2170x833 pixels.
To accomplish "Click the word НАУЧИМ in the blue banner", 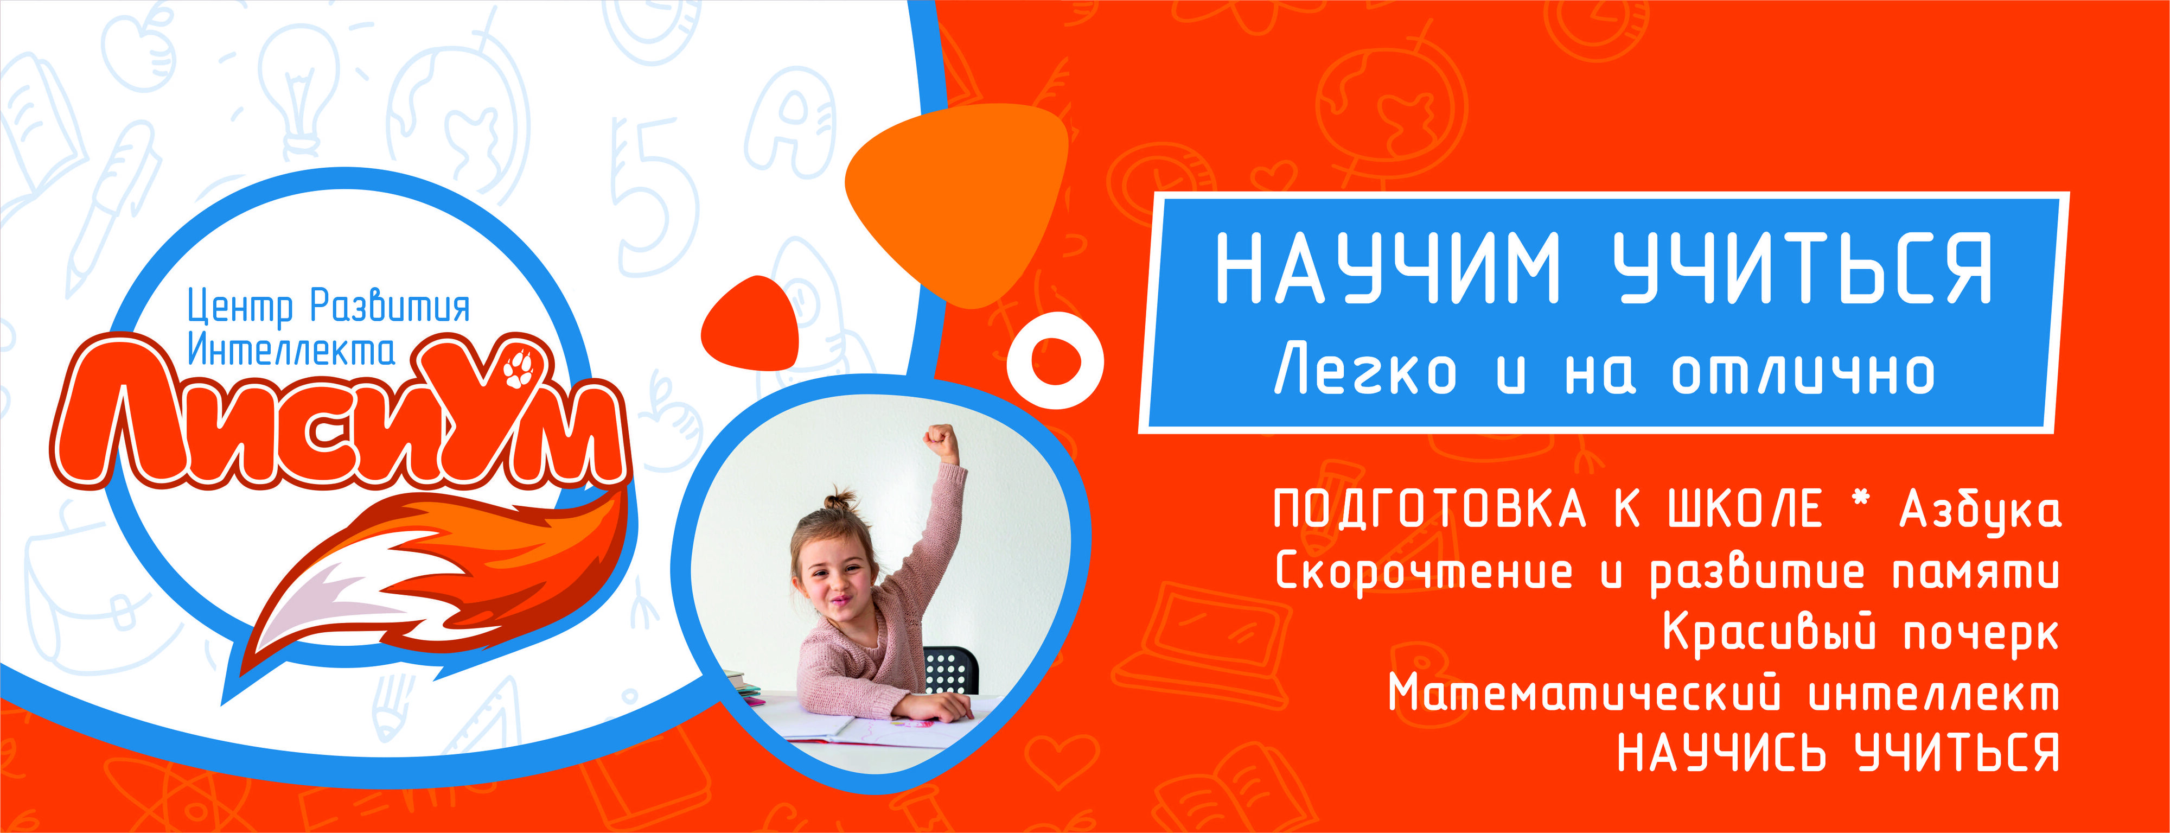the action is point(1387,268).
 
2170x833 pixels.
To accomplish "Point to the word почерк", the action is point(1981,633).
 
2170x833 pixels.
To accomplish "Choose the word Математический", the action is point(1585,694).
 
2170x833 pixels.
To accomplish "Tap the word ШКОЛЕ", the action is point(1745,508).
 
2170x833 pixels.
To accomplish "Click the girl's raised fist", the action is point(941,441).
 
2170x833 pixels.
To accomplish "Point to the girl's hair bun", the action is point(839,500).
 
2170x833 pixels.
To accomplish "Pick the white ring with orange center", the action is point(1055,360).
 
